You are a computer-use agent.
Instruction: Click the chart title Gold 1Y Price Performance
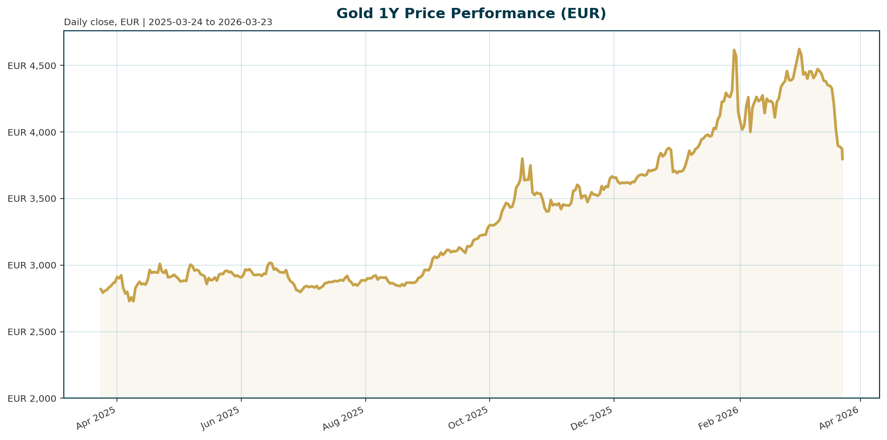coord(471,14)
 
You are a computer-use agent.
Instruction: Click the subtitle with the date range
coord(168,22)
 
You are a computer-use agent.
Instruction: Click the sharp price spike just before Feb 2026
coord(734,50)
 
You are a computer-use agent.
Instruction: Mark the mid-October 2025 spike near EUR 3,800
coord(522,158)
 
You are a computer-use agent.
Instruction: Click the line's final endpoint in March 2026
coord(842,159)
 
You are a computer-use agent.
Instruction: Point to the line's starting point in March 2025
coord(101,289)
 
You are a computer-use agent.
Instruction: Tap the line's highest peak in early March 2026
coord(799,49)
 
